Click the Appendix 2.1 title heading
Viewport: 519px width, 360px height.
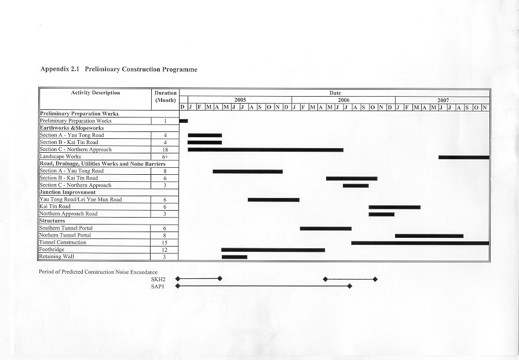click(x=119, y=69)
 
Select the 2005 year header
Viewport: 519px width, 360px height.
click(x=240, y=100)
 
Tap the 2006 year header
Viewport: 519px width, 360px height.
click(x=343, y=100)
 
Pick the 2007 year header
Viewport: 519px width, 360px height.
click(x=443, y=100)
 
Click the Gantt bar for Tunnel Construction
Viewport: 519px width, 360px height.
click(x=420, y=243)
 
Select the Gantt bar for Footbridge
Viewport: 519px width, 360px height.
click(x=273, y=250)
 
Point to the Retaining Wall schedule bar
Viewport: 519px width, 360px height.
click(x=234, y=257)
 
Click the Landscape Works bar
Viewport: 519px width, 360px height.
click(x=463, y=157)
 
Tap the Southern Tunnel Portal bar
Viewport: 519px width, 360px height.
click(x=326, y=229)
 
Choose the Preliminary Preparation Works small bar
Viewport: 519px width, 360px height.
click(x=184, y=121)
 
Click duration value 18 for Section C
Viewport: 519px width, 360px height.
click(x=165, y=150)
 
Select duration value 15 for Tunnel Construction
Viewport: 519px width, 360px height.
click(x=165, y=243)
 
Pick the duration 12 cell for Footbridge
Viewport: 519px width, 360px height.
click(x=165, y=249)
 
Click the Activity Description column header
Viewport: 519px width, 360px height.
click(x=96, y=93)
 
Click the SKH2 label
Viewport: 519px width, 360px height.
click(x=158, y=279)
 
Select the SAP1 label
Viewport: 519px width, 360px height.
click(x=158, y=286)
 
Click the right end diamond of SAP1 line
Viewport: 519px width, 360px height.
click(x=349, y=286)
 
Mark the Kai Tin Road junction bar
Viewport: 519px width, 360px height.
click(x=394, y=207)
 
